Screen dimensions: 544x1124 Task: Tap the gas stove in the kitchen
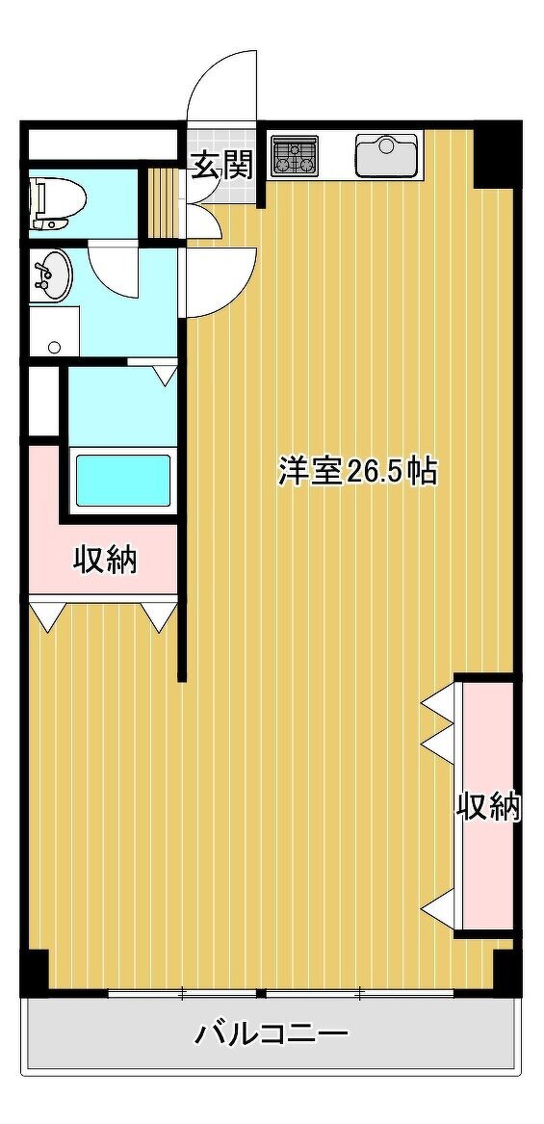pyautogui.click(x=295, y=156)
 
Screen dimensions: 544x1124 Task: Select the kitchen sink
pyautogui.click(x=386, y=155)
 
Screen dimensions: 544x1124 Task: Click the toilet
pyautogui.click(x=58, y=203)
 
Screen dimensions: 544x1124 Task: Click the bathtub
pyautogui.click(x=122, y=479)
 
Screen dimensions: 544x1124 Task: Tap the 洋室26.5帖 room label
pyautogui.click(x=357, y=472)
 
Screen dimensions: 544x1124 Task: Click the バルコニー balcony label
pyautogui.click(x=272, y=1035)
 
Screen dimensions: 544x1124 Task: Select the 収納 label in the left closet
pyautogui.click(x=105, y=560)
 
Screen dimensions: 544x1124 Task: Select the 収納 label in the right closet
pyautogui.click(x=489, y=808)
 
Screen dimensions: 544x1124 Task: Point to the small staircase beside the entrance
pyautogui.click(x=164, y=202)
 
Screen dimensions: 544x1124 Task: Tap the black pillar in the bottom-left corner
pyautogui.click(x=35, y=970)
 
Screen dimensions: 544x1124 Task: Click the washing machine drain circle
pyautogui.click(x=55, y=348)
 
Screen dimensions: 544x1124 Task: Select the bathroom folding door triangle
pyautogui.click(x=166, y=375)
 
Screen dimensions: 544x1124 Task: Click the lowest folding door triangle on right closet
pyautogui.click(x=439, y=908)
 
